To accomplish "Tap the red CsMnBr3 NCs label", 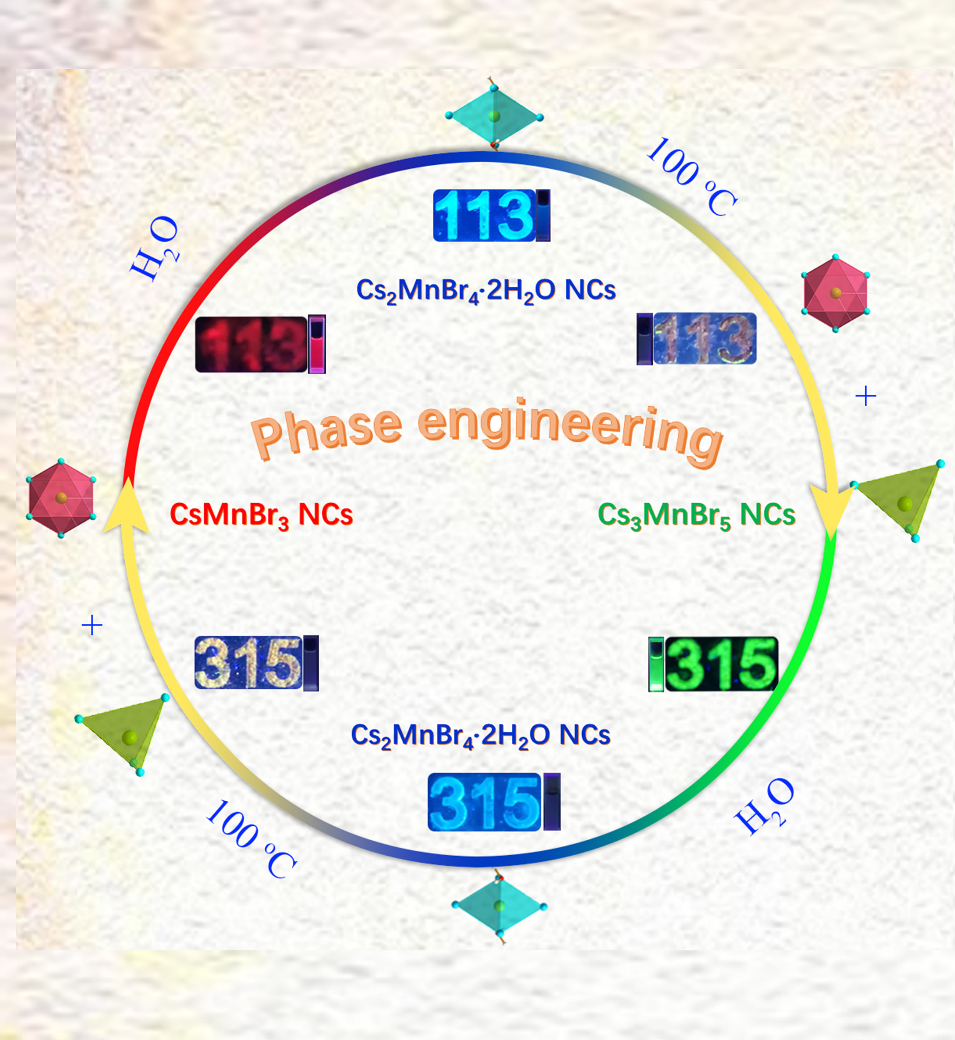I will [x=261, y=515].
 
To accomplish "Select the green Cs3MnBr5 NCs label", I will [x=696, y=515].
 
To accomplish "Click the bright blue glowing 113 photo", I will [x=484, y=215].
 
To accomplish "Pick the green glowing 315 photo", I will [x=721, y=664].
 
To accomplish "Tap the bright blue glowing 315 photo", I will [x=484, y=802].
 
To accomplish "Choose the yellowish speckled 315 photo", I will [x=249, y=663].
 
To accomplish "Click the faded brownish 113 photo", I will [x=705, y=339].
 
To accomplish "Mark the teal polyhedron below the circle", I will [x=499, y=906].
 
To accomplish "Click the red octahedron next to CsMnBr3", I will [x=61, y=498].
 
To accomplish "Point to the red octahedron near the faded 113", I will [x=835, y=293].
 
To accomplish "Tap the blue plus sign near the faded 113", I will [x=866, y=396].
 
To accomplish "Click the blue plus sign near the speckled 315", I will [x=92, y=625].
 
